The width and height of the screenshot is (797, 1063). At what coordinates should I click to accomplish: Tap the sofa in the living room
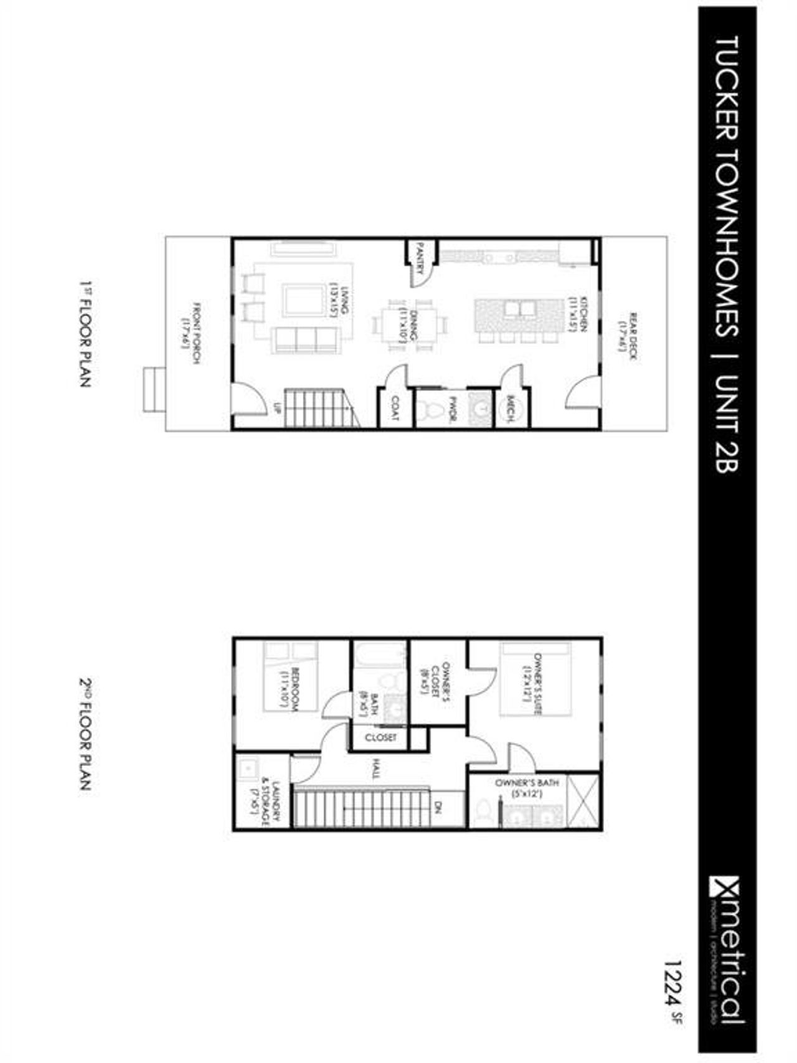(306, 339)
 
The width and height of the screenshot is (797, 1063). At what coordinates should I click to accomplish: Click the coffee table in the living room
(304, 300)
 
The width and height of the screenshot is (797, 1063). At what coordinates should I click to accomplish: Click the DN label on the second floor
(438, 808)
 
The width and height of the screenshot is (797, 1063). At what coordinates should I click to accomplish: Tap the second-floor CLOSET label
(380, 737)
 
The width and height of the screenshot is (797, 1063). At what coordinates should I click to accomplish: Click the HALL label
(375, 772)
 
